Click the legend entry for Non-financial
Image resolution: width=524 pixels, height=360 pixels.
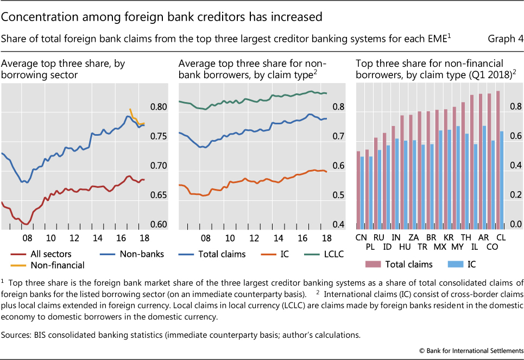point(58,265)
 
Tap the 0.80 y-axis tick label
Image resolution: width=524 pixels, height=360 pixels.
point(157,107)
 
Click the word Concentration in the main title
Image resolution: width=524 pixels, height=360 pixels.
point(39,17)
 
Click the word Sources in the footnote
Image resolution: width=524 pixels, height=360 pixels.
point(17,335)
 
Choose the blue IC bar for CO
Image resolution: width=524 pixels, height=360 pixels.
point(493,183)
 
